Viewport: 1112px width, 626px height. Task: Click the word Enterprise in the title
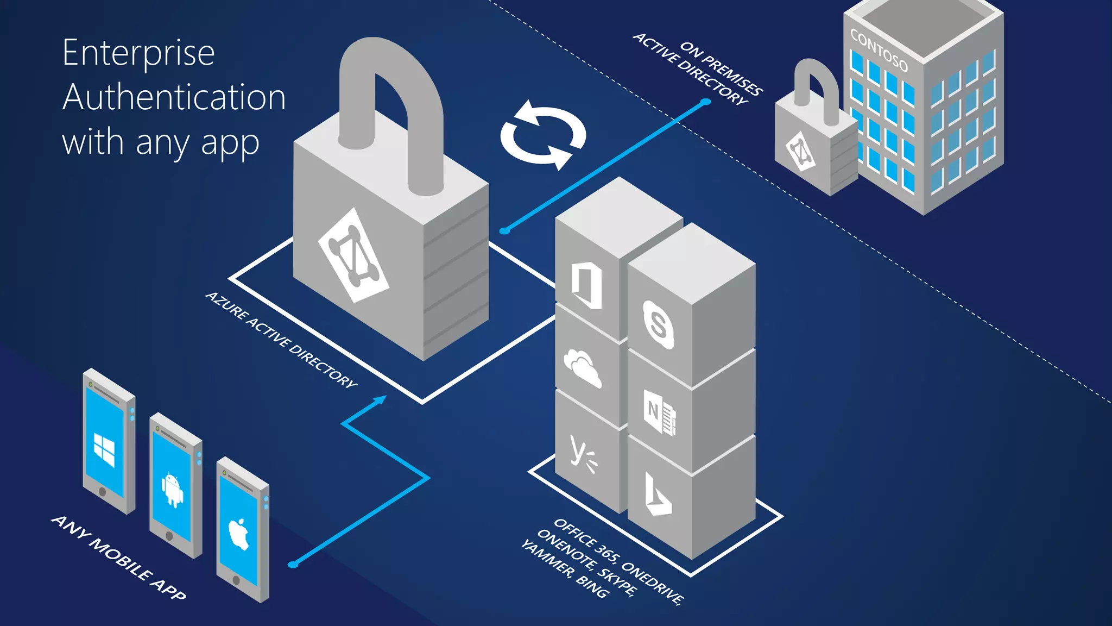(138, 53)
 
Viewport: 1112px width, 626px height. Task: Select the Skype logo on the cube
(658, 324)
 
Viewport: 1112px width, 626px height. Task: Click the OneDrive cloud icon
(583, 368)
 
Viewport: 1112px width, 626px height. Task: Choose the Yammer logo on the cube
(583, 453)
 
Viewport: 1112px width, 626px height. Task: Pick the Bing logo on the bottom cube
(657, 494)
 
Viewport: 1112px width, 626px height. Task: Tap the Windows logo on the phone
(104, 449)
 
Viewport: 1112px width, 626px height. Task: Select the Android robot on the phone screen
(172, 489)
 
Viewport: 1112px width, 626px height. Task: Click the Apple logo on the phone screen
(238, 533)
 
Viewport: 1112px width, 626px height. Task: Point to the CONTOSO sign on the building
(879, 51)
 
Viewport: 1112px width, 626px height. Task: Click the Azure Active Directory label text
(281, 340)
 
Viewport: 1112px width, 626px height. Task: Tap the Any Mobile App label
(119, 558)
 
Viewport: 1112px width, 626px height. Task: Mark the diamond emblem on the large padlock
(353, 255)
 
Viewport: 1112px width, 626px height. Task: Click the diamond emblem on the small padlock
(800, 151)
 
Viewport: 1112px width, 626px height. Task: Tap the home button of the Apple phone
(236, 580)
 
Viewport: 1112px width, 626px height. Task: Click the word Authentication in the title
(174, 98)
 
